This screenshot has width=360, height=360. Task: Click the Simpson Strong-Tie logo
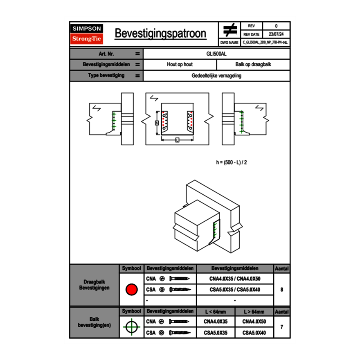tap(87, 34)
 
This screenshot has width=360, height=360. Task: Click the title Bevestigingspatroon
tap(160, 34)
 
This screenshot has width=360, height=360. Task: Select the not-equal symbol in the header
tap(230, 30)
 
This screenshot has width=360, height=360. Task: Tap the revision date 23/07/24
tap(276, 34)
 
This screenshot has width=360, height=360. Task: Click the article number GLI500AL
tap(216, 54)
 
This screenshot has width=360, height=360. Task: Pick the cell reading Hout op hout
tap(180, 65)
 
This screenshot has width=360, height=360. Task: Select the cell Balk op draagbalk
tap(253, 65)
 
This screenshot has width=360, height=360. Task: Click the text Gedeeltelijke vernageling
tap(216, 76)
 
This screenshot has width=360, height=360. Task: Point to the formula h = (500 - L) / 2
tap(232, 162)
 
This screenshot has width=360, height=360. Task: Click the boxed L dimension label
tap(177, 140)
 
